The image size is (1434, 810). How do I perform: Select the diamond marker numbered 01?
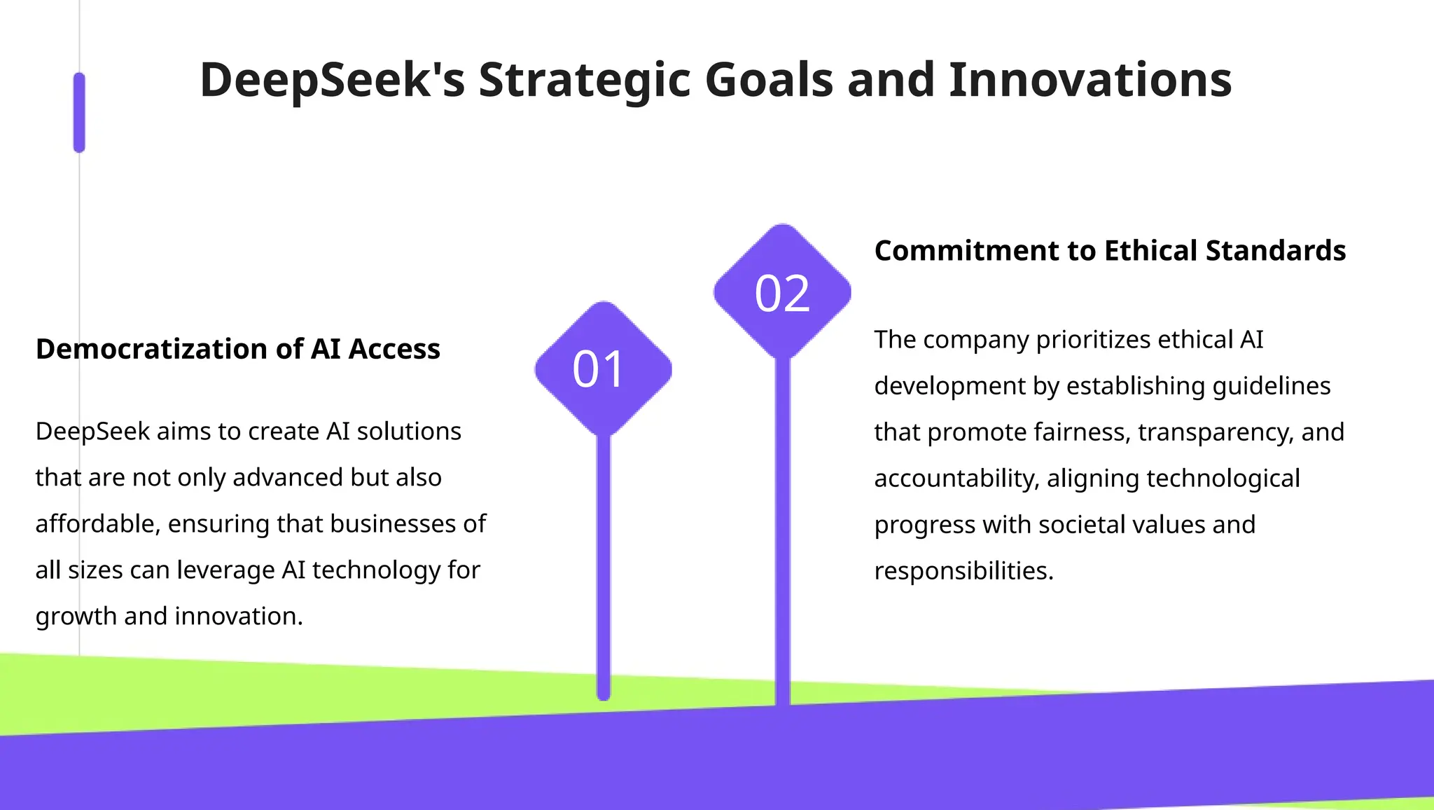tap(603, 369)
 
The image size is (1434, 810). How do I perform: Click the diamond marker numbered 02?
tap(782, 292)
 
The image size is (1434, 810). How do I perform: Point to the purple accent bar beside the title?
tap(79, 113)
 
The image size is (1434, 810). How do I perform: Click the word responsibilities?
tap(963, 571)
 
